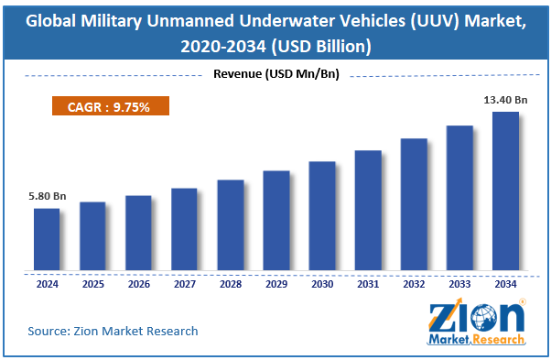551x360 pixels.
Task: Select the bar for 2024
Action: pyautogui.click(x=47, y=239)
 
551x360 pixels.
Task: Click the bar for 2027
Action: pyautogui.click(x=184, y=229)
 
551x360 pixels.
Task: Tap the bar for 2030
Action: pyautogui.click(x=322, y=216)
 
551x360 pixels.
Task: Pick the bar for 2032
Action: pyautogui.click(x=414, y=204)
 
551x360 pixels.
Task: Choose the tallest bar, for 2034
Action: pyautogui.click(x=505, y=191)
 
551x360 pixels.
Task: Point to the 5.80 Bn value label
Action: pyautogui.click(x=47, y=196)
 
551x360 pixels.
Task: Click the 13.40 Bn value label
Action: pyautogui.click(x=505, y=100)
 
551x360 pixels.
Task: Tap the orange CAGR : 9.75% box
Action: pyautogui.click(x=111, y=106)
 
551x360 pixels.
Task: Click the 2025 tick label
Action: pyautogui.click(x=93, y=284)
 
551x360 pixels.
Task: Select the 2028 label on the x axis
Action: pyautogui.click(x=231, y=284)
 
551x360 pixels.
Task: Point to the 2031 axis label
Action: pyautogui.click(x=368, y=284)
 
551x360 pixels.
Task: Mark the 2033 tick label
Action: pyautogui.click(x=459, y=284)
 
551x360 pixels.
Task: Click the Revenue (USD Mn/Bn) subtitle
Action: pyautogui.click(x=276, y=74)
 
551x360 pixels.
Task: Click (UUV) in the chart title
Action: pyautogui.click(x=435, y=22)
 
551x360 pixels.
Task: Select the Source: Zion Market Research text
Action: pyautogui.click(x=113, y=332)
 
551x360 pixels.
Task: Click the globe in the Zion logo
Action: pyautogui.click(x=484, y=318)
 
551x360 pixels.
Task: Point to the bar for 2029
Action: pyautogui.click(x=276, y=221)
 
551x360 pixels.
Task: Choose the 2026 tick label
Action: pyautogui.click(x=139, y=284)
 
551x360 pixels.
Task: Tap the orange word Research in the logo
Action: pyautogui.click(x=498, y=340)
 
